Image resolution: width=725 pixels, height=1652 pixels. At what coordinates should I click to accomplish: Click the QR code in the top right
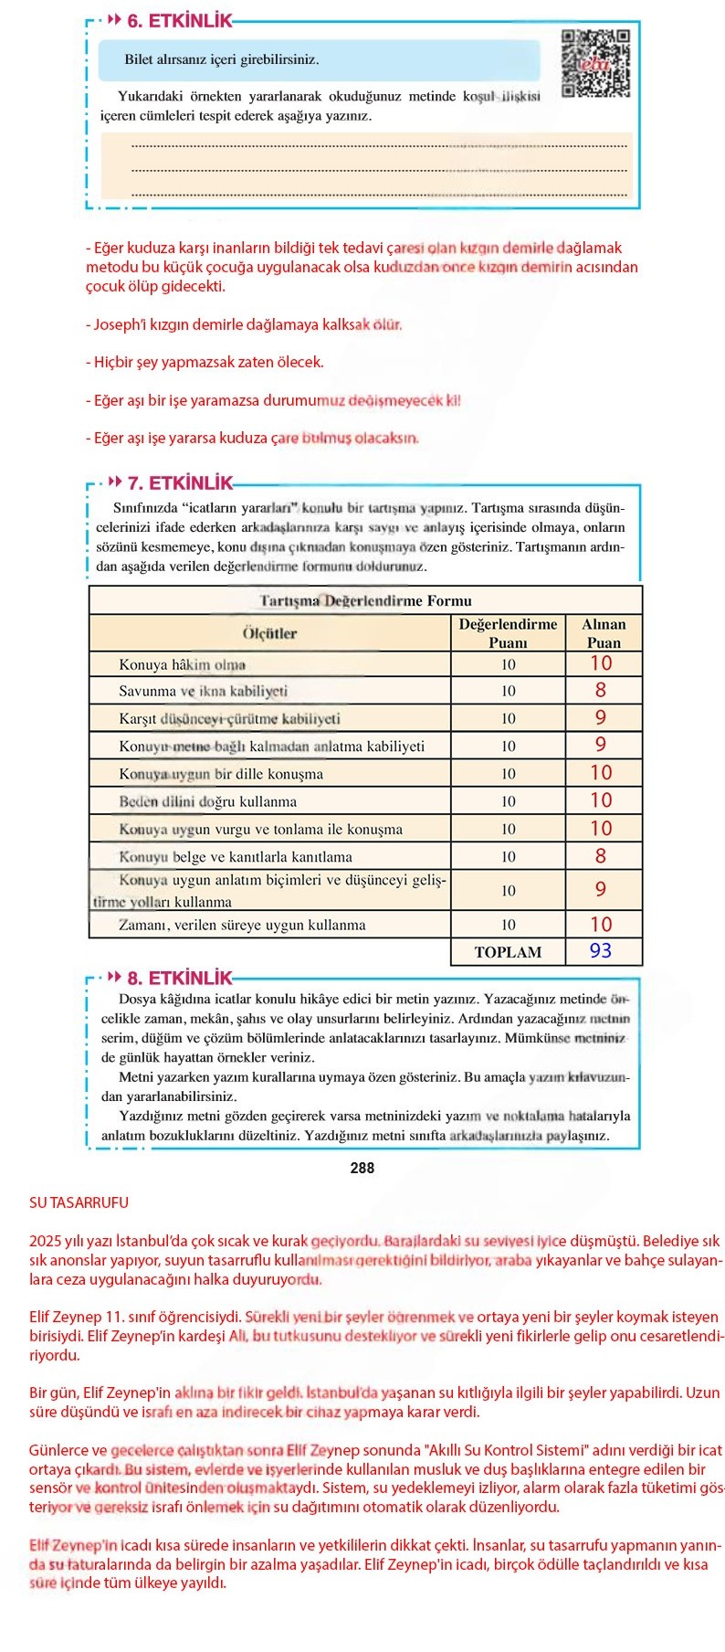[595, 63]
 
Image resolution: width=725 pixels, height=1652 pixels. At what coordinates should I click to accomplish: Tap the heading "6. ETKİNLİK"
[179, 21]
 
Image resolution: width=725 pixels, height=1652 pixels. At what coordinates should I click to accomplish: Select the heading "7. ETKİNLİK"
[179, 483]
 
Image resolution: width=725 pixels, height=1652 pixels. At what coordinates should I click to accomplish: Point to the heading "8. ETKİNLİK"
[179, 978]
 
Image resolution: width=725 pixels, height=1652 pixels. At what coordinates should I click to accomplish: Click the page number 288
[362, 1168]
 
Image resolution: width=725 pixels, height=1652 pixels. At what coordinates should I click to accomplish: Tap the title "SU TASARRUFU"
[79, 1202]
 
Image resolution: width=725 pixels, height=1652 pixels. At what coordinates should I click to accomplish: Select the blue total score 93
[601, 951]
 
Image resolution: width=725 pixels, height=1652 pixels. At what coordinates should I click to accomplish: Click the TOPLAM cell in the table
[508, 952]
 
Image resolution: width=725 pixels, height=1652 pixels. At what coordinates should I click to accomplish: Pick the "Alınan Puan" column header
[604, 632]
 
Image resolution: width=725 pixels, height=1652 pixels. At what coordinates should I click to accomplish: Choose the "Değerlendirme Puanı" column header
[508, 632]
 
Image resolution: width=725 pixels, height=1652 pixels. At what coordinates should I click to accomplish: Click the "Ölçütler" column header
[269, 633]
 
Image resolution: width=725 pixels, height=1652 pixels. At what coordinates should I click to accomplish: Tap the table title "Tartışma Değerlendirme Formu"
[365, 600]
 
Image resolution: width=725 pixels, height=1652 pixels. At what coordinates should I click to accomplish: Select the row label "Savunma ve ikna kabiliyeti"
[203, 691]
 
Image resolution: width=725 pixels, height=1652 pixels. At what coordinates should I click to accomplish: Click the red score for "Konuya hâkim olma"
[601, 663]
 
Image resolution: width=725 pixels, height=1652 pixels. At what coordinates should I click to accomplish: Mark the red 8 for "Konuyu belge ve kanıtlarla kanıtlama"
[601, 856]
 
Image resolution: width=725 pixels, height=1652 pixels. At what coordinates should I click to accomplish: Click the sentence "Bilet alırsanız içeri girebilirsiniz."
[222, 59]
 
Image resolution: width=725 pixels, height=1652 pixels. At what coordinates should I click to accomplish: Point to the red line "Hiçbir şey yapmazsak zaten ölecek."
[205, 362]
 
